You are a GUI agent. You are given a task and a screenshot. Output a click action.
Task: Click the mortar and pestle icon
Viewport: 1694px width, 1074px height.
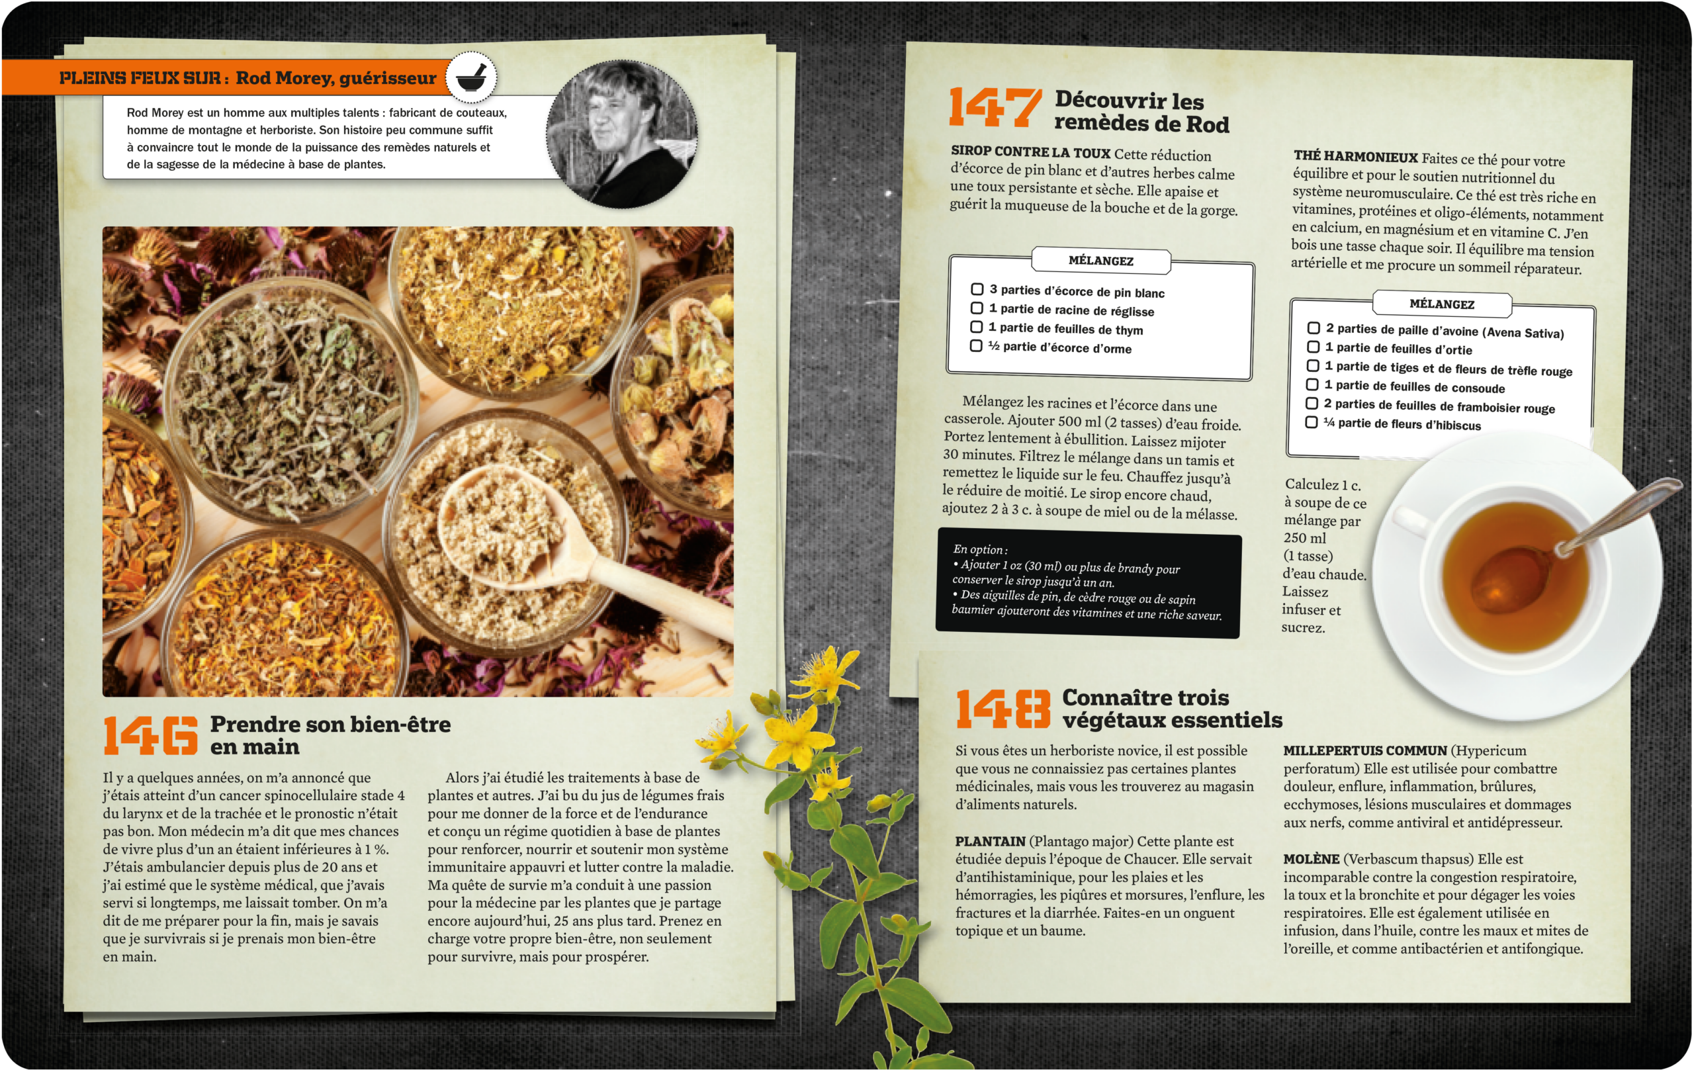[x=471, y=77]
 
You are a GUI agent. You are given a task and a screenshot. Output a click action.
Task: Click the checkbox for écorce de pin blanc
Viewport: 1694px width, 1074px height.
[x=977, y=289]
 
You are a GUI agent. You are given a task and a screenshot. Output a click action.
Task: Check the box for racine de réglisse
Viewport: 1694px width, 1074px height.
[x=977, y=308]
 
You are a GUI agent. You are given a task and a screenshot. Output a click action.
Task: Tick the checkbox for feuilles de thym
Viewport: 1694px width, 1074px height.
[x=977, y=327]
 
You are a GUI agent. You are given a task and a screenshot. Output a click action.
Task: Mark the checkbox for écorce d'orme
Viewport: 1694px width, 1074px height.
[x=976, y=346]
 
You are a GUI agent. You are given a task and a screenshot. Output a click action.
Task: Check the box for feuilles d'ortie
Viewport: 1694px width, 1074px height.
[x=1313, y=347]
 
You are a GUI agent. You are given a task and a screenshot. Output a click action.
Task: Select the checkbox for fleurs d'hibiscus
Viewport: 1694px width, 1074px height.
[x=1312, y=422]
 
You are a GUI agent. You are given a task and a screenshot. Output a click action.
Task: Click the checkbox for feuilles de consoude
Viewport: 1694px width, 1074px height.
[x=1312, y=384]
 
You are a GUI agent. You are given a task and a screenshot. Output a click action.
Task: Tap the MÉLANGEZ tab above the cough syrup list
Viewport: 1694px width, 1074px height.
[x=1101, y=261]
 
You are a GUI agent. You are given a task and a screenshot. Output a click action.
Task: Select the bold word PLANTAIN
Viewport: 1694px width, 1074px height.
[x=990, y=841]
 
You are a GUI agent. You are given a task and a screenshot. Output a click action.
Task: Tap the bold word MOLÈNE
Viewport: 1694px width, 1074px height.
[x=1311, y=859]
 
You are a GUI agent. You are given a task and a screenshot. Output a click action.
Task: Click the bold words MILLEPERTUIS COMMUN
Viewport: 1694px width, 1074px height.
[x=1364, y=750]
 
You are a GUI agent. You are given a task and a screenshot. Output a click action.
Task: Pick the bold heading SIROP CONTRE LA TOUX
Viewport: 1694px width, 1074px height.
[x=1030, y=152]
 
